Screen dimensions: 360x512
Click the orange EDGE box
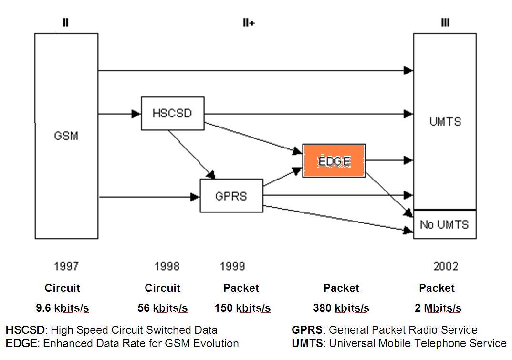click(334, 161)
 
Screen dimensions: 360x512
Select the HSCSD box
click(173, 113)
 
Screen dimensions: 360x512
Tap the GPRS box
click(231, 196)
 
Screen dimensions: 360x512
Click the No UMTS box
click(444, 224)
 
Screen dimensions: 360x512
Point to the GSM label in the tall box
click(66, 136)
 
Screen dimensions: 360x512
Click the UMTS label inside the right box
click(445, 121)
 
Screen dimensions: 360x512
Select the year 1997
click(66, 266)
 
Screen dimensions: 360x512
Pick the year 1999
click(232, 266)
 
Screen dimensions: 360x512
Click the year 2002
click(446, 266)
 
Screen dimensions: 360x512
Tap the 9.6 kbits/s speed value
click(62, 308)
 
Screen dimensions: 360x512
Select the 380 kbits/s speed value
click(341, 308)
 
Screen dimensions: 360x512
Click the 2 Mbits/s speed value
click(438, 308)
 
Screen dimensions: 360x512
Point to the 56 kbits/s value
click(162, 308)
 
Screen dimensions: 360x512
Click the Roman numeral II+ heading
click(248, 23)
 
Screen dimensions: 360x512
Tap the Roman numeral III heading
click(445, 23)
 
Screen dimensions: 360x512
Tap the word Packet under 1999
click(241, 288)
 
